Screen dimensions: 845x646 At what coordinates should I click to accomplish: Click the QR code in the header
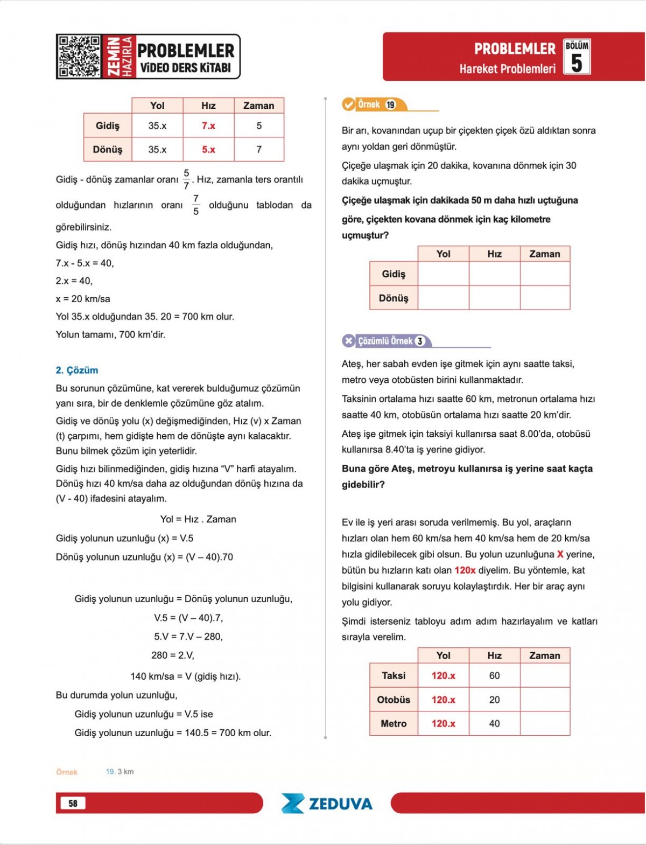[80, 57]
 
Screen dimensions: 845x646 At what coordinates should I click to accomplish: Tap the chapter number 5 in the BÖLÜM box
[577, 63]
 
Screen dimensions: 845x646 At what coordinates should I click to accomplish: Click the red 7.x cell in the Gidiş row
[208, 125]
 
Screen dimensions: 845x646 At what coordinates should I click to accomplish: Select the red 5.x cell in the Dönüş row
[208, 150]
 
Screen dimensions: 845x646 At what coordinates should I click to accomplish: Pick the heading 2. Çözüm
[77, 370]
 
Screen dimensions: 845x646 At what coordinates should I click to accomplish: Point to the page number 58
[73, 803]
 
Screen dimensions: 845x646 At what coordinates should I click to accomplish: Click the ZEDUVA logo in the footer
[327, 804]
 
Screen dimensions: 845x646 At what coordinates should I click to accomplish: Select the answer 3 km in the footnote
[125, 772]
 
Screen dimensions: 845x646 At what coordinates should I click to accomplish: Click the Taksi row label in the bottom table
[394, 675]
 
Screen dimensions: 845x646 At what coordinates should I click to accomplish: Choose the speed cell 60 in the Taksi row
[494, 675]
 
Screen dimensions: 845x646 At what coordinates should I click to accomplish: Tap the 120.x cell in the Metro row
[443, 723]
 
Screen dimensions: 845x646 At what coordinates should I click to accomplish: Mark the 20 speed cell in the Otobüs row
[494, 700]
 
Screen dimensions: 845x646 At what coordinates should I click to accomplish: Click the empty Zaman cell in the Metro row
[545, 723]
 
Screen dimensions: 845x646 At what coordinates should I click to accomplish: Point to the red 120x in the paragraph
[465, 570]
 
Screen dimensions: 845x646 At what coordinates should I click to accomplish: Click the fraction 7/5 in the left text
[196, 205]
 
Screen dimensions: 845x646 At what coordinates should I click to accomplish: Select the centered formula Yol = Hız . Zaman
[198, 519]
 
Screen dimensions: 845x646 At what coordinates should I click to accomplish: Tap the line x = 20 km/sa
[83, 298]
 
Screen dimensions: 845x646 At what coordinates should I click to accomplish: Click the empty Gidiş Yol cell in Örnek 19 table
[443, 274]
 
